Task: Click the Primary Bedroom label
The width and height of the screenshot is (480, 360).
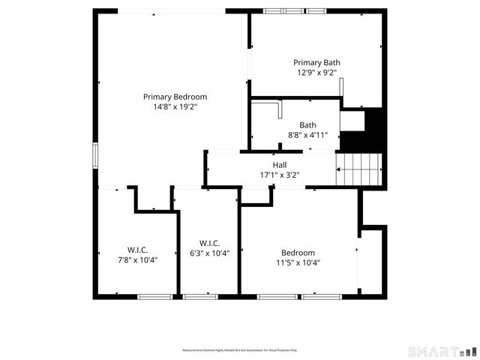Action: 175,97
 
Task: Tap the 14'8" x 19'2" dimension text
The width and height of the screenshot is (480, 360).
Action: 175,107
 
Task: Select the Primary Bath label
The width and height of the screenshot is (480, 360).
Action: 316,63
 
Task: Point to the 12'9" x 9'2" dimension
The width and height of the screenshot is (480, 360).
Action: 316,73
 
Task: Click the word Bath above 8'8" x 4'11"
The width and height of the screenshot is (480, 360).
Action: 307,125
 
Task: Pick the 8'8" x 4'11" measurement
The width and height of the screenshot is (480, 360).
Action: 307,136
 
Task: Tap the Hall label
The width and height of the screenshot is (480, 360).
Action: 280,165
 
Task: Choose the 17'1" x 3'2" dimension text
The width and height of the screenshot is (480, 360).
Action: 280,175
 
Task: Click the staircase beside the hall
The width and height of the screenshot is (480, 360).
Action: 358,169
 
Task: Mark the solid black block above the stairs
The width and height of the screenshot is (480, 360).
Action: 362,131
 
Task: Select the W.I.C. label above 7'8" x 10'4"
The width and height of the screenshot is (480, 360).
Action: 136,250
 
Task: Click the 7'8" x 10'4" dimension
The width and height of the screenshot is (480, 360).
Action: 136,260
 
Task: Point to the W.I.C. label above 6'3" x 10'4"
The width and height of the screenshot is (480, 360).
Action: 209,243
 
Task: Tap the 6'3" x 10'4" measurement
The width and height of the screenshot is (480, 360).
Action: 209,253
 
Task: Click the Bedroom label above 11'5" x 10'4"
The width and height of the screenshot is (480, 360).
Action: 298,253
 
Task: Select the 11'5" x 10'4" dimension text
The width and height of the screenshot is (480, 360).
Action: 298,263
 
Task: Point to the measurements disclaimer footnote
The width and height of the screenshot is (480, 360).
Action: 240,350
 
